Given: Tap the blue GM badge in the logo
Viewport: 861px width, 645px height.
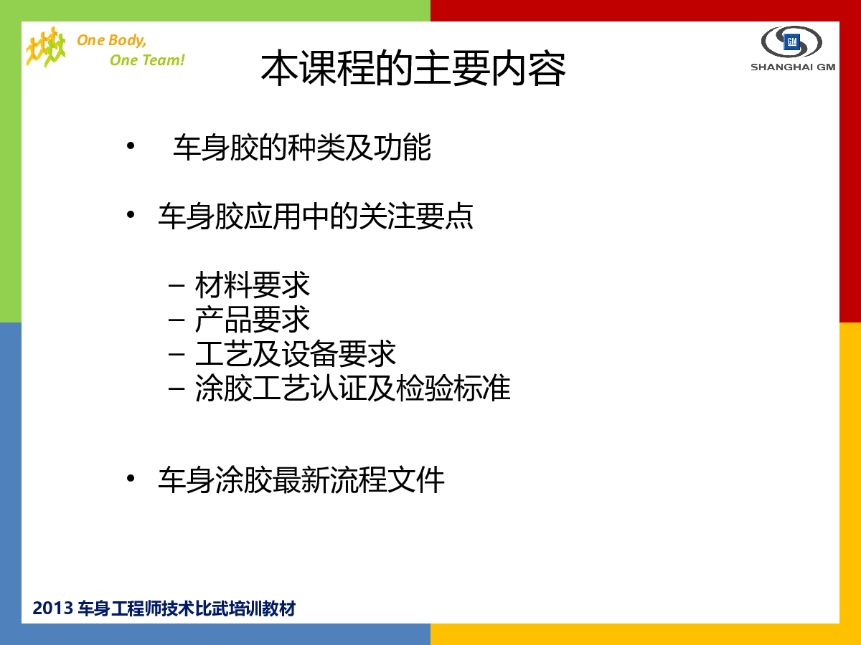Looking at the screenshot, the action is pos(791,42).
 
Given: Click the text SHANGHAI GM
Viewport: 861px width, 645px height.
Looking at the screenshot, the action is pos(793,67).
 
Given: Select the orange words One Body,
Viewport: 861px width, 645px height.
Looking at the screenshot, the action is pos(112,40).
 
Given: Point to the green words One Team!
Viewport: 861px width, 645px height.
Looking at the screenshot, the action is pos(147,60).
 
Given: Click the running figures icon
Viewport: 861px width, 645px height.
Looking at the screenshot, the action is pos(46,47).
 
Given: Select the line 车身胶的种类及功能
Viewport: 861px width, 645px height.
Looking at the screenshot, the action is pos(302,147).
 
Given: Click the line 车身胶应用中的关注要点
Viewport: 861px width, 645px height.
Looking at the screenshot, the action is pos(316,216).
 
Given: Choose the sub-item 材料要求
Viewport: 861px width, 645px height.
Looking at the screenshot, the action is pos(253,285).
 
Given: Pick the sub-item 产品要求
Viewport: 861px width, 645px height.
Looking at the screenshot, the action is pos(253,319).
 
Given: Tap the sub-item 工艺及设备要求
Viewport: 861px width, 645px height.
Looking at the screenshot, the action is pos(296,353).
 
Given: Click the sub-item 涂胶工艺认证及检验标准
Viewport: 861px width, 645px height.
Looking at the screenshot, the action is pos(352,388).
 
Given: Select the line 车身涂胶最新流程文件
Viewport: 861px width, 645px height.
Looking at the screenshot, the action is pos(301,479).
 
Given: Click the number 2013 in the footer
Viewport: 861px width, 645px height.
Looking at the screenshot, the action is pos(52,608).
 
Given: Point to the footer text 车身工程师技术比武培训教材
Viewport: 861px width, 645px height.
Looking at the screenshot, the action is pos(187,608).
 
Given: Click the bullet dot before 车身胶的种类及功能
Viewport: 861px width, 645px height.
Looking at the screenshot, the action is pos(131,146).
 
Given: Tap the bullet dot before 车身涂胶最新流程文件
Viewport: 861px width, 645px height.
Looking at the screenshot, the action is pos(131,478).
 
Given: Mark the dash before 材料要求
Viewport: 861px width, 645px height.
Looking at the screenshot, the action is pos(177,285).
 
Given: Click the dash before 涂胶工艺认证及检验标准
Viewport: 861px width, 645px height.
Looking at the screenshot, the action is pos(177,389).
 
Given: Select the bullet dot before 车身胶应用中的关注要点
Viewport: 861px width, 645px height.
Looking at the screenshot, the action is pos(131,214).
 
